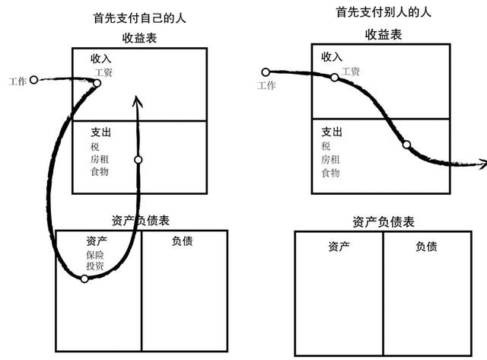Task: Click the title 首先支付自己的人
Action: (139, 18)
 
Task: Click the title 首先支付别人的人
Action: (384, 12)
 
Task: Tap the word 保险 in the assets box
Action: (95, 255)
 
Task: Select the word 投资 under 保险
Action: (95, 266)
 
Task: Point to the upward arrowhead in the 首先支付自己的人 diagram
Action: (137, 101)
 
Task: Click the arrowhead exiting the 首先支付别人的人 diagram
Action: (483, 164)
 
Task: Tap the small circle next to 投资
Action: (84, 279)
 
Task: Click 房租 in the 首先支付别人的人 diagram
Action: (330, 160)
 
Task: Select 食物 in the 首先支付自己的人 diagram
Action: (100, 171)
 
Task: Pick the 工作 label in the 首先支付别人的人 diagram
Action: (266, 85)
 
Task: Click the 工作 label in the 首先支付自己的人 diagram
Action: (18, 81)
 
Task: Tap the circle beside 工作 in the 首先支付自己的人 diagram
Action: (33, 80)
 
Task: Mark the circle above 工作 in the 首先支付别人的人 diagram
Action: (266, 72)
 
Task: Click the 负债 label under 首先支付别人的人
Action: (426, 247)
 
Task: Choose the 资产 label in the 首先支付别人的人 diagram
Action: (339, 247)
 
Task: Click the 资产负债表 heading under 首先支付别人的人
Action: (384, 222)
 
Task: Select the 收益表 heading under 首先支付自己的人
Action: (139, 38)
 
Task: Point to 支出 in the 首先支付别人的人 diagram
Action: (332, 132)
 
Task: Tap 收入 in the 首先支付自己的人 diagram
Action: (101, 58)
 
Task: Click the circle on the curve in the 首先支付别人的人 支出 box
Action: (406, 145)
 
